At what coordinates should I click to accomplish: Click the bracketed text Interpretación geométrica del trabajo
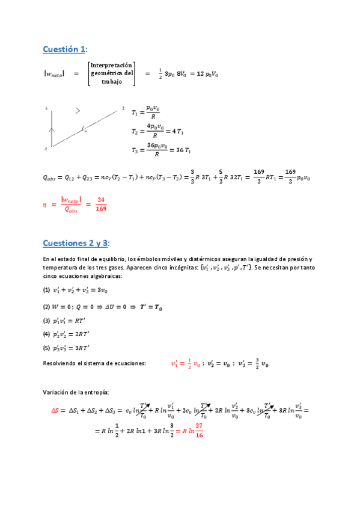point(112,73)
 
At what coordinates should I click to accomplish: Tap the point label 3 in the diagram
point(123,109)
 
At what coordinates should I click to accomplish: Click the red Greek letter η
point(44,204)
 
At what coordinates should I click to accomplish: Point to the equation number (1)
point(46,290)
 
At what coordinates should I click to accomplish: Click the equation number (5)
point(46,349)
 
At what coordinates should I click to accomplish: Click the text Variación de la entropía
point(76,392)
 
